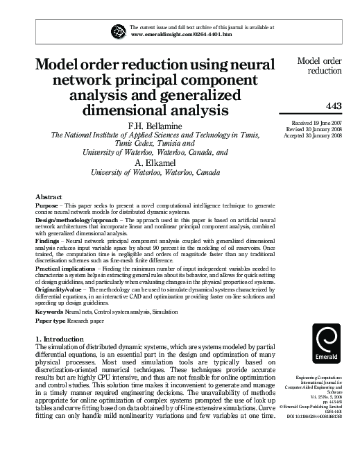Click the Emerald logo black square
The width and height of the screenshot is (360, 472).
(x=327, y=346)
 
